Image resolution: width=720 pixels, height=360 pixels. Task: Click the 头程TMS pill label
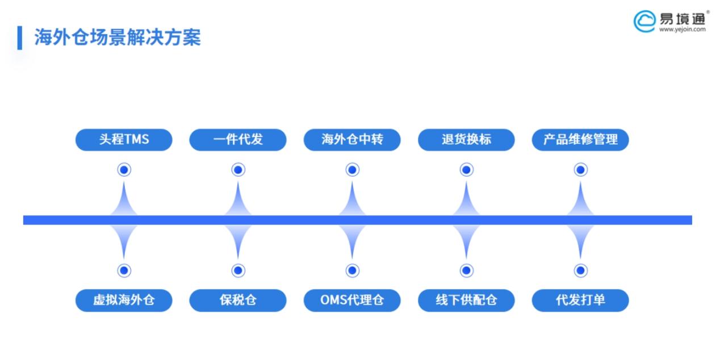pyautogui.click(x=124, y=140)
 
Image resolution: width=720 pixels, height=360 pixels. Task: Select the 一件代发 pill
pyautogui.click(x=238, y=140)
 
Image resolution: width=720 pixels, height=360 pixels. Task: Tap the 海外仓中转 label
pyautogui.click(x=352, y=140)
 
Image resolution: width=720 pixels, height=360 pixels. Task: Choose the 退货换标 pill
pyautogui.click(x=466, y=140)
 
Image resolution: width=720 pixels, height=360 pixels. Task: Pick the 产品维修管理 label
pyautogui.click(x=580, y=140)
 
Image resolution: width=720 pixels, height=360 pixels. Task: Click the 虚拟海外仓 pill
pyautogui.click(x=124, y=300)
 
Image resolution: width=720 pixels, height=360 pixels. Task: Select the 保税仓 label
pyautogui.click(x=238, y=300)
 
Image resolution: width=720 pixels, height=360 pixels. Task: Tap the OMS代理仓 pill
pyautogui.click(x=352, y=300)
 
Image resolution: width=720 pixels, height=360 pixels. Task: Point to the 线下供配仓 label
pyautogui.click(x=466, y=300)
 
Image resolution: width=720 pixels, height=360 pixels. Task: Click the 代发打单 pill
pyautogui.click(x=580, y=300)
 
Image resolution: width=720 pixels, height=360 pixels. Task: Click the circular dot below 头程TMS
pyautogui.click(x=124, y=169)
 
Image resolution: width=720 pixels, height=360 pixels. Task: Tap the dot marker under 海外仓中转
pyautogui.click(x=352, y=169)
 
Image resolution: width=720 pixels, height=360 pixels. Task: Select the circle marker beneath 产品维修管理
pyautogui.click(x=580, y=169)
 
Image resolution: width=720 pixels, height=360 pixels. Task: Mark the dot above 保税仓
pyautogui.click(x=238, y=270)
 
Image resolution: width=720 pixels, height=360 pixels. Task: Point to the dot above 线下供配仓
pyautogui.click(x=466, y=270)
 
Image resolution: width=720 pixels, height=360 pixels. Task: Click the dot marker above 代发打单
pyautogui.click(x=580, y=270)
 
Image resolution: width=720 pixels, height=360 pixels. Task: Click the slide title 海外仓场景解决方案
pyautogui.click(x=118, y=37)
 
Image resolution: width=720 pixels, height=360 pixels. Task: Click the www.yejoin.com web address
pyautogui.click(x=683, y=30)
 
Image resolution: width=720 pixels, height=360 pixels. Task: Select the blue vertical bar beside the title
pyautogui.click(x=20, y=37)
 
